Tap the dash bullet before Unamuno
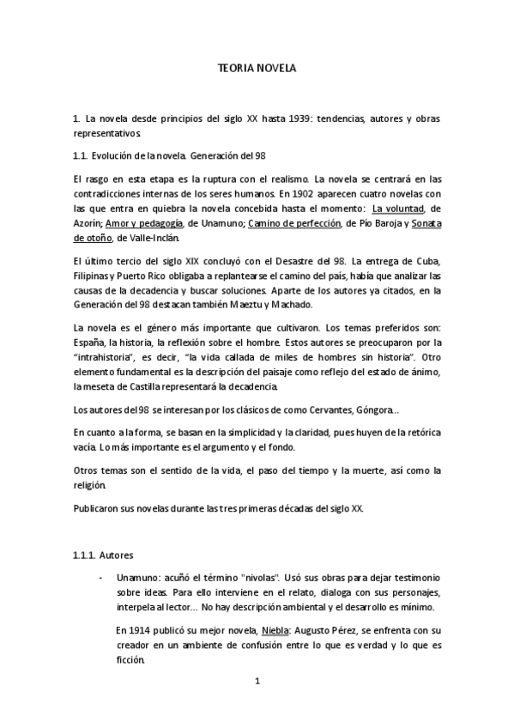click(x=101, y=577)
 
